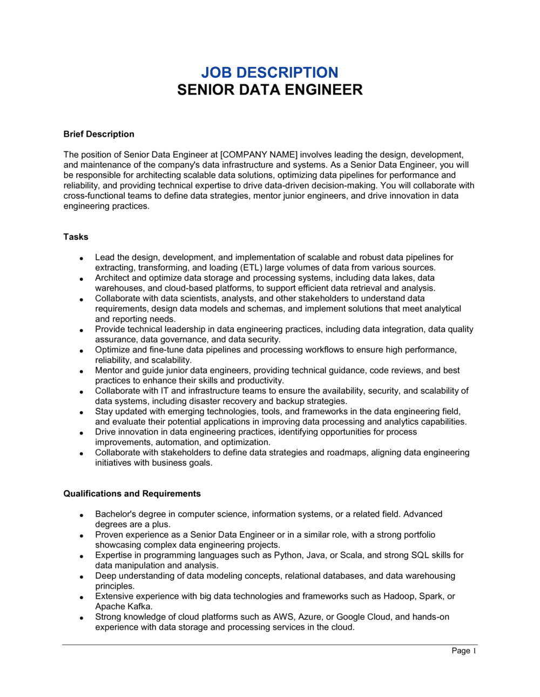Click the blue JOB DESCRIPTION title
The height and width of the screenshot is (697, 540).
(x=269, y=72)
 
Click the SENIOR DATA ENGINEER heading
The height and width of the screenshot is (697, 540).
(x=269, y=90)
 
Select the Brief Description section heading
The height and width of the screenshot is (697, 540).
(x=99, y=134)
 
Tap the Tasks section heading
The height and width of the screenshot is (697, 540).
(x=76, y=237)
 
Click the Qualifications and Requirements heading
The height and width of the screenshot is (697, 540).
(x=132, y=493)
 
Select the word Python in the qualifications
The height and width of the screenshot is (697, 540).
(x=288, y=555)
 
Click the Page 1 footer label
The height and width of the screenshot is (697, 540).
(x=464, y=651)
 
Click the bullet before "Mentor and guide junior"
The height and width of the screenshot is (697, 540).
(x=81, y=371)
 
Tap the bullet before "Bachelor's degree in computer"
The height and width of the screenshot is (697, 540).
(x=81, y=515)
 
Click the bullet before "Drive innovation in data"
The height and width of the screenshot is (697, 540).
(x=81, y=433)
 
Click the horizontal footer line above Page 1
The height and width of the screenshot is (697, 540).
(x=269, y=645)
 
